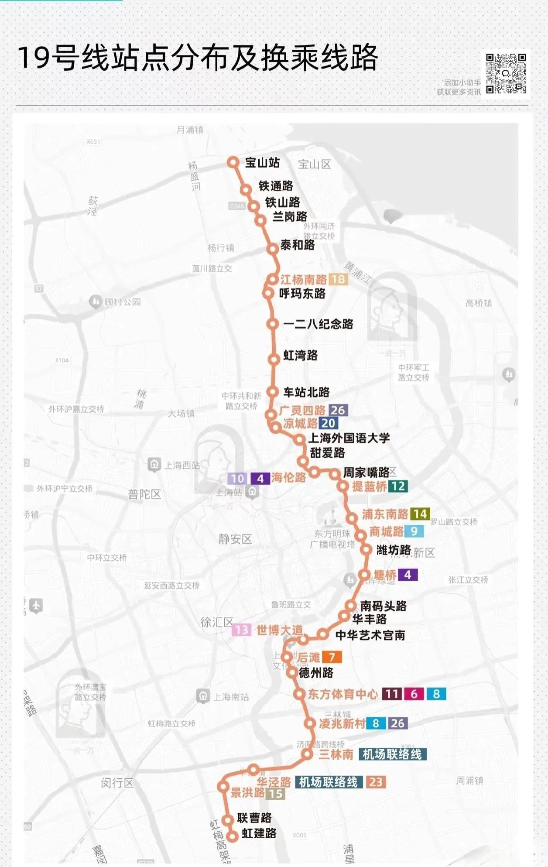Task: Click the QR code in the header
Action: [x=506, y=73]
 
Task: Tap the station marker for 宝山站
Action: [x=233, y=162]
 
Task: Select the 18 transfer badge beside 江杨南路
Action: [x=338, y=279]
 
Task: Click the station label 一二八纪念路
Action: [x=318, y=324]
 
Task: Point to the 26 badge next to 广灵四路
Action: [x=338, y=410]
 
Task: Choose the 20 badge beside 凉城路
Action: [x=328, y=423]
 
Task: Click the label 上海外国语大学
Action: [x=349, y=438]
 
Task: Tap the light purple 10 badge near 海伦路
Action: [x=237, y=479]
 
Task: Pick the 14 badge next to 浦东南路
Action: [x=420, y=514]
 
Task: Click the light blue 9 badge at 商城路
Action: [x=414, y=531]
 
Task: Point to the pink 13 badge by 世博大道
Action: [x=241, y=630]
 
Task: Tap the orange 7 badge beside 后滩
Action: [x=332, y=657]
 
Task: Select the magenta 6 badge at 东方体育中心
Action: [x=414, y=694]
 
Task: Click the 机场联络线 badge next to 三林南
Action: [x=392, y=754]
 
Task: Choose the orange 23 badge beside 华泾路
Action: [x=376, y=782]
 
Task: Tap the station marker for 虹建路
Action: [x=232, y=836]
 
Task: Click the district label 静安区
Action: [x=235, y=539]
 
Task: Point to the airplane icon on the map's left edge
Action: [x=36, y=606]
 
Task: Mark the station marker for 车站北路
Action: [x=273, y=392]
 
